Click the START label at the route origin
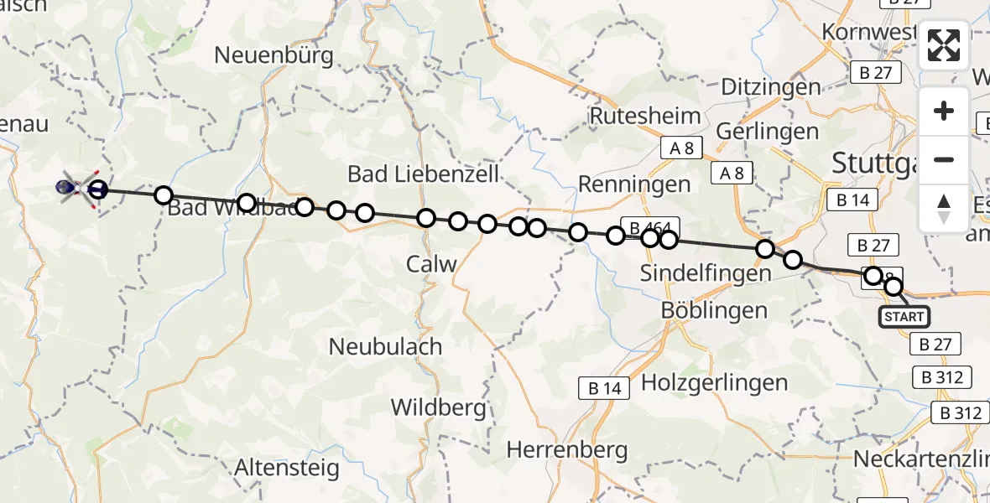coord(904,317)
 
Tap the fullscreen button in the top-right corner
coord(944,45)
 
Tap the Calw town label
coord(431,264)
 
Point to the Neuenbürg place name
coord(274,56)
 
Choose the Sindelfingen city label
coord(705,273)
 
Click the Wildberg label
coord(438,408)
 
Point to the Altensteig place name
coord(288,467)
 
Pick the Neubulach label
coord(385,345)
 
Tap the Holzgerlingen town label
coord(714,383)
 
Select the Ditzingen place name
coord(769,87)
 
